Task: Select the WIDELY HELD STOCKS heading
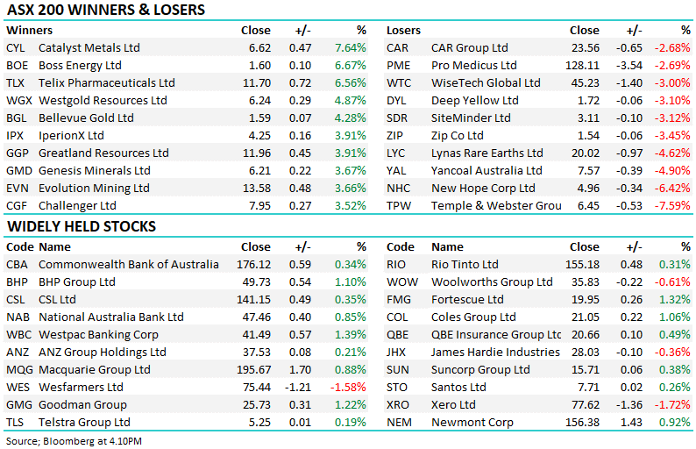81,226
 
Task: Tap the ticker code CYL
16,47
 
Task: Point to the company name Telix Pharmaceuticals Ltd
107,82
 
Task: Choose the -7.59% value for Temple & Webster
676,205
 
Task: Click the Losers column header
404,30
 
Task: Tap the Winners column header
27,30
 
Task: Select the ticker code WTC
399,82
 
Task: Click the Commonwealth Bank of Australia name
129,264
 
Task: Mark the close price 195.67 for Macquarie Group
252,369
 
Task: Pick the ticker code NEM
400,422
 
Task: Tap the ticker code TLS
16,422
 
